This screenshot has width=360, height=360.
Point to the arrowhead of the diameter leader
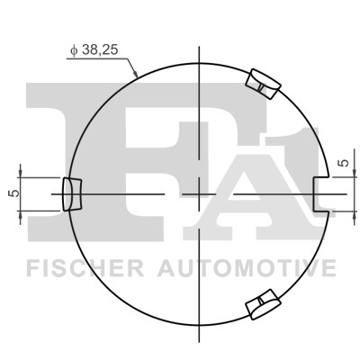click(x=135, y=76)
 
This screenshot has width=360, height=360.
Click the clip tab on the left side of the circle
click(x=70, y=193)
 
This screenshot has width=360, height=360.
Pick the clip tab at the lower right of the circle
click(x=262, y=305)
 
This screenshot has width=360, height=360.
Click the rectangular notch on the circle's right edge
click(x=320, y=193)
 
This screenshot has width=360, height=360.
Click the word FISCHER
click(x=77, y=267)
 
